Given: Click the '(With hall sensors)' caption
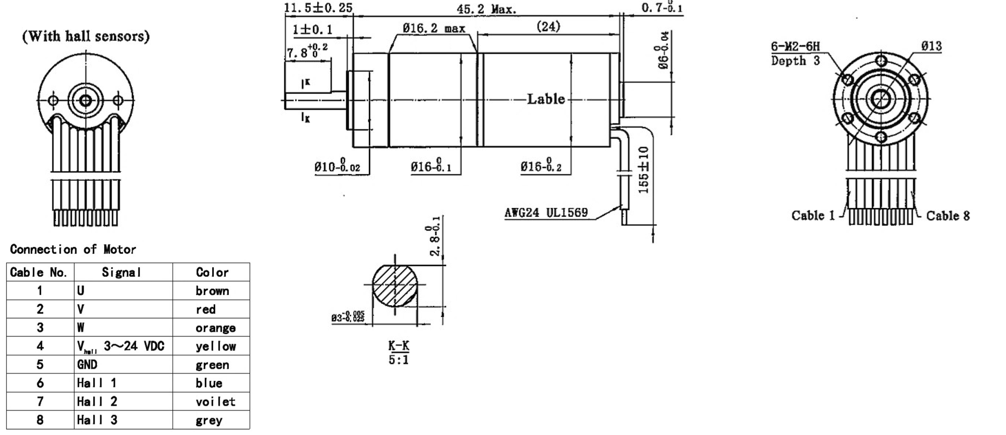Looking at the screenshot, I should (x=86, y=36).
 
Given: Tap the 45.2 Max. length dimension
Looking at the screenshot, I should (x=486, y=9).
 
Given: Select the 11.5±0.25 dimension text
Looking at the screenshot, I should (x=318, y=8).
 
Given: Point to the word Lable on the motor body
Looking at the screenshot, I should (x=546, y=99).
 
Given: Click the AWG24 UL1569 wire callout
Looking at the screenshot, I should (x=546, y=213).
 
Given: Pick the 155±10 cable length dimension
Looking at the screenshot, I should (x=644, y=170).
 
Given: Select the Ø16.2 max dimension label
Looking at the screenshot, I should (x=434, y=29).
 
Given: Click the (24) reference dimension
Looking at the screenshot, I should (x=548, y=27).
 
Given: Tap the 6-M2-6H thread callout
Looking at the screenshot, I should (x=795, y=47).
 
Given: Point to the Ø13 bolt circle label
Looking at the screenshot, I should (x=931, y=46).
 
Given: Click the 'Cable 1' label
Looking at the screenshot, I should (x=813, y=216).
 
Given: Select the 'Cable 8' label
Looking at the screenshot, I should (x=948, y=216).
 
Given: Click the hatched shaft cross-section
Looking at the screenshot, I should (x=395, y=285).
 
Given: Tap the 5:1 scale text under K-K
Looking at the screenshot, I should (x=398, y=360).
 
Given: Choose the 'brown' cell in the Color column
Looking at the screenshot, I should (x=212, y=291).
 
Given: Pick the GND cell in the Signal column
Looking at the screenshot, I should (x=87, y=365).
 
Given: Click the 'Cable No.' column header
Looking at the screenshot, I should (x=38, y=272).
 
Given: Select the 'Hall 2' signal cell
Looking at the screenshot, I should (x=97, y=402).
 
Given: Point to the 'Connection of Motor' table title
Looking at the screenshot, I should (x=73, y=249).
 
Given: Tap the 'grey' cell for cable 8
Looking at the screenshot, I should (x=209, y=420).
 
